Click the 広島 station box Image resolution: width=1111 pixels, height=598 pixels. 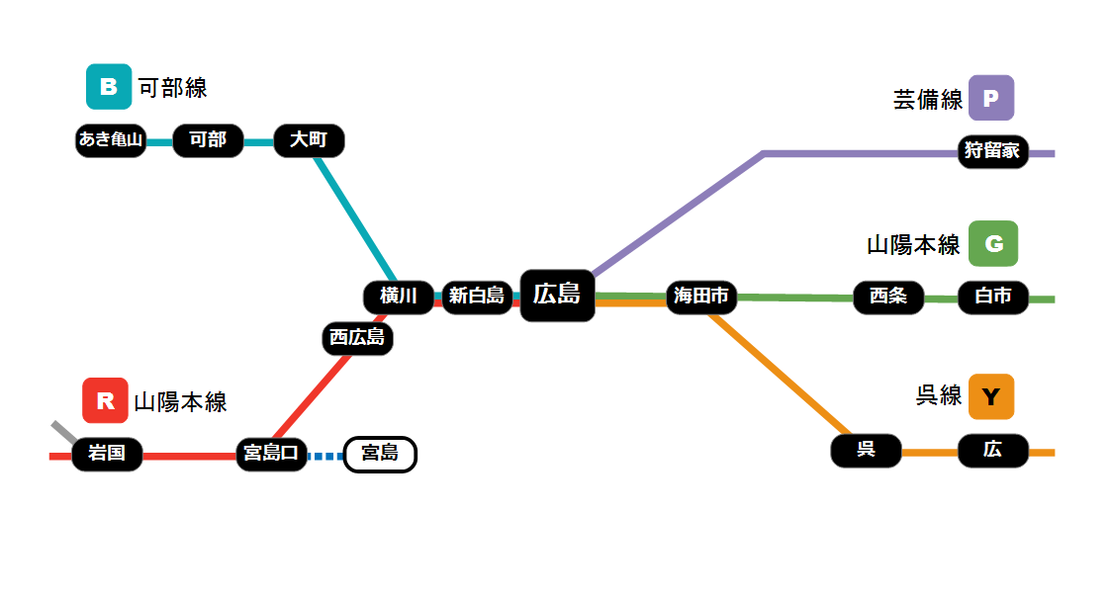tap(557, 295)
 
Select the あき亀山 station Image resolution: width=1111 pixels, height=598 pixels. tap(111, 140)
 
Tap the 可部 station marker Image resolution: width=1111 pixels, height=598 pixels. tap(208, 140)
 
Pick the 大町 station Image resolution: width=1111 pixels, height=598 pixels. tap(309, 140)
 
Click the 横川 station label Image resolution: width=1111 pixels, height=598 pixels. tap(398, 296)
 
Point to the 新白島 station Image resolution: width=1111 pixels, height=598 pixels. tap(477, 296)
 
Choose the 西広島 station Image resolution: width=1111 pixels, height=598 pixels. tap(357, 338)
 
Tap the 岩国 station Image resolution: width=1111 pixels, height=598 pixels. tap(107, 454)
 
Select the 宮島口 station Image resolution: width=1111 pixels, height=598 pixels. tap(271, 454)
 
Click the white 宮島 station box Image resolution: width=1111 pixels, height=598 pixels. tap(380, 454)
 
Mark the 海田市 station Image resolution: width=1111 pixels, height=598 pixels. tap(701, 296)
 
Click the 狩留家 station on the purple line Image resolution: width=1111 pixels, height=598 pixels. tap(992, 151)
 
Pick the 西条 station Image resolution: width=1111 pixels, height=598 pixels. tap(888, 297)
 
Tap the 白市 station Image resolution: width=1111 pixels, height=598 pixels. tap(993, 297)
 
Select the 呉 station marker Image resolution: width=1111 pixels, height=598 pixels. tap(866, 451)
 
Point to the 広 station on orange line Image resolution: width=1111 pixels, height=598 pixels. tap(993, 451)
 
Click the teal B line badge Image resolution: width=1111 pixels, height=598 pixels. tap(109, 86)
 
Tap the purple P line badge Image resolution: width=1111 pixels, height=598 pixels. tap(991, 98)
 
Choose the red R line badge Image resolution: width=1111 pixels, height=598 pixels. tap(105, 400)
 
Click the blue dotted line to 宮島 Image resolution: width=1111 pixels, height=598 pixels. tap(325, 456)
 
